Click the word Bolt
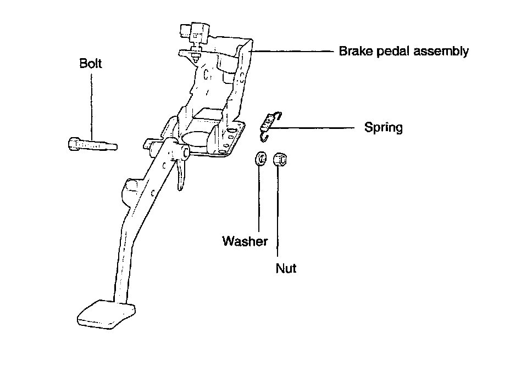(x=91, y=63)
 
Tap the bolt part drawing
(x=91, y=145)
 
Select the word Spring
(x=383, y=128)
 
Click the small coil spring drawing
(x=269, y=122)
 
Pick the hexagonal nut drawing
(x=278, y=159)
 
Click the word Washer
(x=245, y=241)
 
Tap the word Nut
(x=286, y=269)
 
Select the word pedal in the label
(x=391, y=52)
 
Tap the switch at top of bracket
(x=193, y=35)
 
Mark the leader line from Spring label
(x=313, y=128)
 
